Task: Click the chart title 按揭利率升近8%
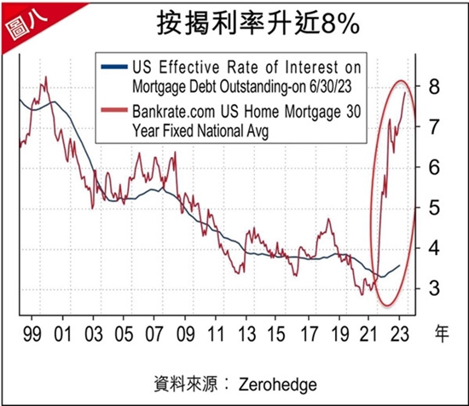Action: [x=258, y=23]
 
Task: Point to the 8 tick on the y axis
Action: [x=434, y=86]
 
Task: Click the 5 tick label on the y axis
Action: [x=434, y=207]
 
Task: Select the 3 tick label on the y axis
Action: [x=434, y=288]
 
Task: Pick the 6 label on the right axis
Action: [x=434, y=167]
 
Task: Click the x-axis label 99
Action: [x=32, y=333]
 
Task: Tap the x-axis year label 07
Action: [x=154, y=333]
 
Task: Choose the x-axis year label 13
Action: [x=247, y=333]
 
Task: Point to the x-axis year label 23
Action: [x=400, y=333]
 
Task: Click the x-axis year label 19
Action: [x=339, y=333]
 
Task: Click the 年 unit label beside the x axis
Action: [x=442, y=333]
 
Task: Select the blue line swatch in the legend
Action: [x=114, y=67]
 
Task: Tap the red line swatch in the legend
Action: [x=114, y=110]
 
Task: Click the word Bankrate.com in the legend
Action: [x=174, y=112]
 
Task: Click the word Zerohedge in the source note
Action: [x=278, y=385]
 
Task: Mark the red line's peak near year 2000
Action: [x=46, y=77]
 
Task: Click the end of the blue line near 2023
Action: [x=400, y=265]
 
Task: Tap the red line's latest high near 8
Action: [x=405, y=92]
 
